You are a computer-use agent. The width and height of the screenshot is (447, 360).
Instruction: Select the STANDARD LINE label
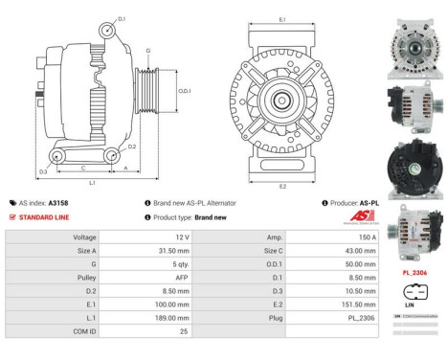[40, 217]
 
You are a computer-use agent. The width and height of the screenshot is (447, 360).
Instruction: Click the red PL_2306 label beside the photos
[413, 273]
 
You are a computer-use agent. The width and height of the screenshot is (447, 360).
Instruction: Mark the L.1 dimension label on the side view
[91, 182]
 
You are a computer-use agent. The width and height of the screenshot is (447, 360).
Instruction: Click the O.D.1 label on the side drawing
[185, 91]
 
